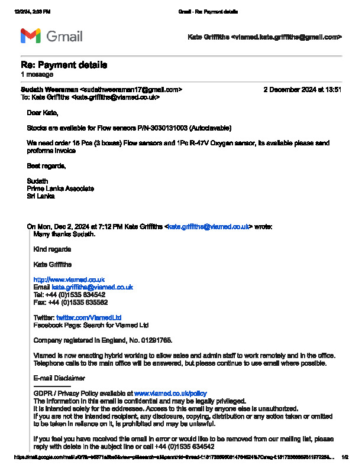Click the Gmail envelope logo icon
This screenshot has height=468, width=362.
30,36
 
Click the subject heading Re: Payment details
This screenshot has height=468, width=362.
64,64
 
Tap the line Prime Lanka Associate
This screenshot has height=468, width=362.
60,188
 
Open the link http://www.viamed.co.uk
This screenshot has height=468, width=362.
69,279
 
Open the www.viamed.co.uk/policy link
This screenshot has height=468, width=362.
170,393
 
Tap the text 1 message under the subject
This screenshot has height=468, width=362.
37,74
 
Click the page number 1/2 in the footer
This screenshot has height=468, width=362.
345,457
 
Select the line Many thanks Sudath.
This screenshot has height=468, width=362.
64,234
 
